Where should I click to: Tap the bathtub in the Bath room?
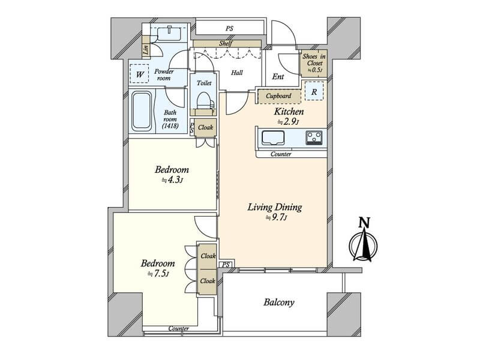coord(142,111)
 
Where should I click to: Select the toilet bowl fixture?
coord(203,100)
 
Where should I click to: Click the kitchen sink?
coord(273,137)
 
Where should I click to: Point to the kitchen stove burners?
coord(314,137)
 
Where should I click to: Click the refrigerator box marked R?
coord(314,91)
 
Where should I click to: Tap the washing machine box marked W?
coord(140,74)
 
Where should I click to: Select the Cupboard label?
coord(278,96)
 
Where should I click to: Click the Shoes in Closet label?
coord(314,63)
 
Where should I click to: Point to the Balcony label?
coord(279,302)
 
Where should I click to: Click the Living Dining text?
coord(275,207)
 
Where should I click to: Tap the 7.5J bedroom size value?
coord(158,274)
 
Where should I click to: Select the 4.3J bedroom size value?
coord(172,180)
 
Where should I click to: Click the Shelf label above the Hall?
coord(226,44)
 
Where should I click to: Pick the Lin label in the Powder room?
coord(146,49)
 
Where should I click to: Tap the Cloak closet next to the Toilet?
coord(205,127)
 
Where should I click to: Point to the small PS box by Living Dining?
coord(226,265)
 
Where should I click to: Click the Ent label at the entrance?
coord(278,77)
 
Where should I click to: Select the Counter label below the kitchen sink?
coord(281,154)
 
